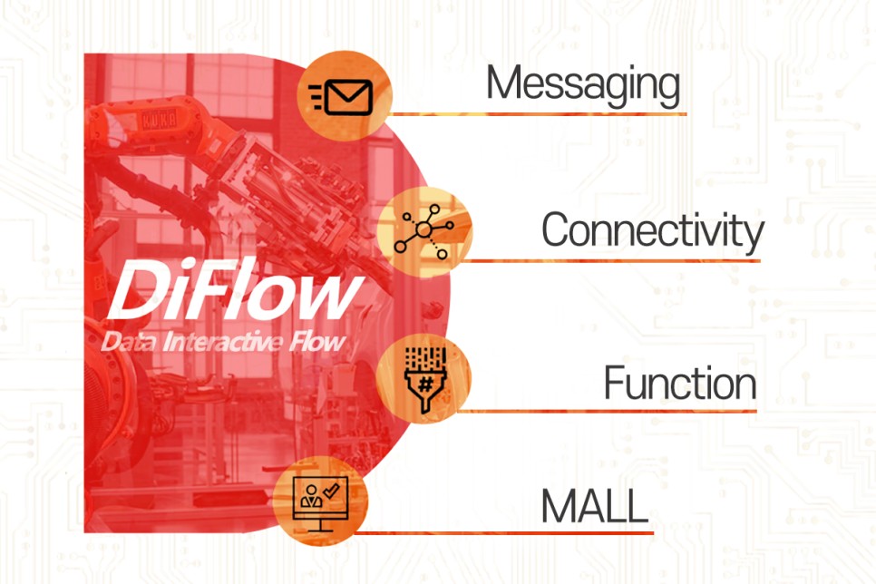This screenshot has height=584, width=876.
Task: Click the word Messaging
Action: pos(582,84)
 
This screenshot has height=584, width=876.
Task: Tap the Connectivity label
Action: pos(652,230)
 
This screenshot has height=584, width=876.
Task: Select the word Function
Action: pos(679,384)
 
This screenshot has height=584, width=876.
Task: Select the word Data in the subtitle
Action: pos(127,343)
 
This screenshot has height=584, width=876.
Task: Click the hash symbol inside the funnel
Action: pos(423,384)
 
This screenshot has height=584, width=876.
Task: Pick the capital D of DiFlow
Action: pos(136,293)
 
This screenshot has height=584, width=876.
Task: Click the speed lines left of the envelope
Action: pos(317,94)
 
